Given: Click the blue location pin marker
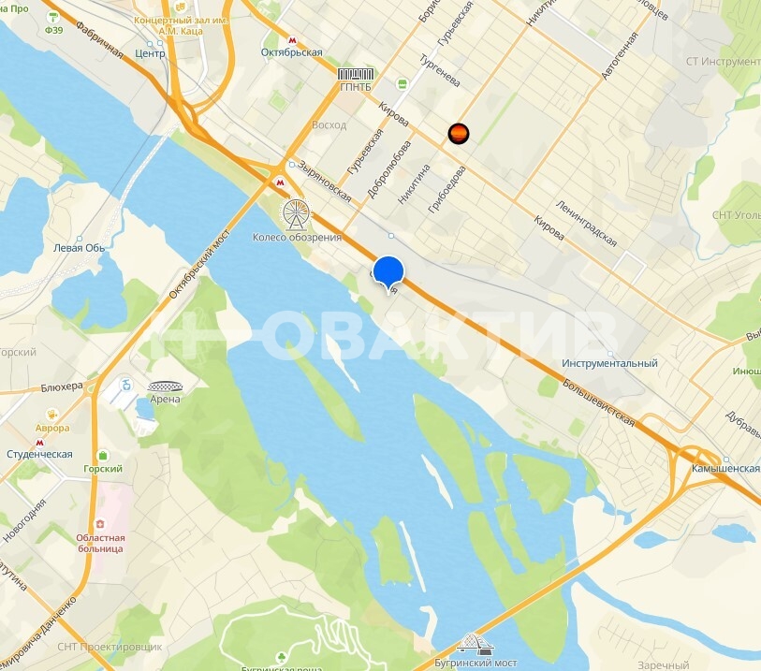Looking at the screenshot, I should [388, 271].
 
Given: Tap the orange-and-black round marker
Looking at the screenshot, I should [458, 134].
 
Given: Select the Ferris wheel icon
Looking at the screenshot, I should [296, 214].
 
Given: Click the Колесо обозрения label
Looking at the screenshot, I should [297, 237].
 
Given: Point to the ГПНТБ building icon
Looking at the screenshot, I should [355, 75].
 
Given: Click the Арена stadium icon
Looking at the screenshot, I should [166, 387].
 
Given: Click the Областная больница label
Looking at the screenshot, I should [100, 543].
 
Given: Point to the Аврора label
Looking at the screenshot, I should [51, 429].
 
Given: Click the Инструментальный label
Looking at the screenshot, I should [609, 363].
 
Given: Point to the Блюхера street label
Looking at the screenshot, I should [62, 386].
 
